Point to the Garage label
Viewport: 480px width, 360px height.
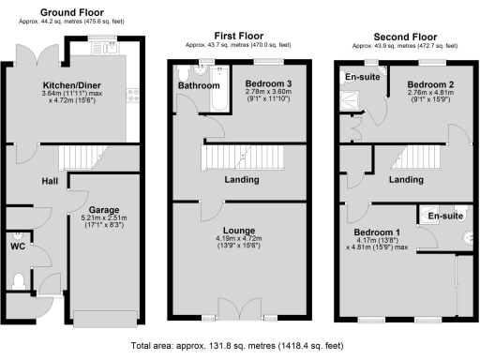(x=102, y=211)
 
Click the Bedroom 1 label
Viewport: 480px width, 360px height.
(x=375, y=232)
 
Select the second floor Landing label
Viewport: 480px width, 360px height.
(x=405, y=179)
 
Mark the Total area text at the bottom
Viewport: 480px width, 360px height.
(x=240, y=345)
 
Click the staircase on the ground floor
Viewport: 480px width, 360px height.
(x=80, y=156)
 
